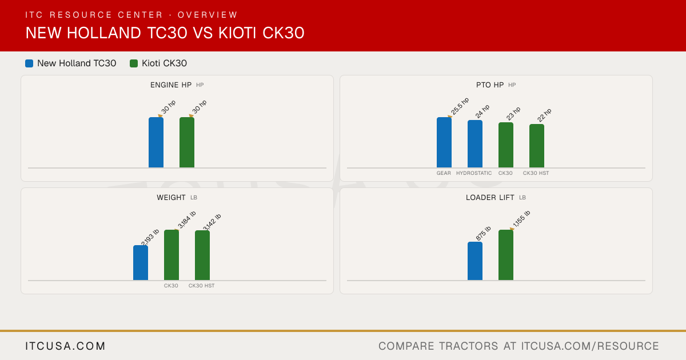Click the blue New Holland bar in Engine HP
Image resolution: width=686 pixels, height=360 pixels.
pyautogui.click(x=156, y=142)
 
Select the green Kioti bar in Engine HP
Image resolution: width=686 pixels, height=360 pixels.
pyautogui.click(x=187, y=142)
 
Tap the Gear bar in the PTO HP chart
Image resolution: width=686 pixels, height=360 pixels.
pyautogui.click(x=444, y=142)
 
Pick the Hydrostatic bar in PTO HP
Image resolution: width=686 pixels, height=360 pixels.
pyautogui.click(x=475, y=144)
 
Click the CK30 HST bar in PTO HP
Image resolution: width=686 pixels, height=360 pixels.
pyautogui.click(x=537, y=146)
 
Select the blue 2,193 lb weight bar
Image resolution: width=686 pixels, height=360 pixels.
pyautogui.click(x=141, y=263)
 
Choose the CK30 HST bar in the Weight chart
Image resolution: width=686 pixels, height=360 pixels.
pyautogui.click(x=202, y=255)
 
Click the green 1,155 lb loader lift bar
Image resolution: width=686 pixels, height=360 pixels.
pyautogui.click(x=506, y=255)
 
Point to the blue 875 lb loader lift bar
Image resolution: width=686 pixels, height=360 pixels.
pyautogui.click(x=475, y=261)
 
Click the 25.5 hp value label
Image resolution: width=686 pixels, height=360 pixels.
pyautogui.click(x=460, y=106)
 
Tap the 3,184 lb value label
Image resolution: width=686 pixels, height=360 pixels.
pyautogui.click(x=187, y=219)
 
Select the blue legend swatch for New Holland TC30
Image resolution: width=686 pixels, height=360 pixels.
pyautogui.click(x=29, y=63)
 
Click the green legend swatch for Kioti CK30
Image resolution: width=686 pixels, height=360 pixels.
pyautogui.click(x=134, y=63)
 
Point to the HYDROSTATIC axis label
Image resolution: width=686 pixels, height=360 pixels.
pyautogui.click(x=474, y=173)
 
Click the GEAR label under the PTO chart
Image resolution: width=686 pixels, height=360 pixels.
pyautogui.click(x=444, y=173)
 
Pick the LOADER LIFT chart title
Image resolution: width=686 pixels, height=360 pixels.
pyautogui.click(x=490, y=198)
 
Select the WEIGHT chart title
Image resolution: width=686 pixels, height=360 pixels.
pyautogui.click(x=171, y=198)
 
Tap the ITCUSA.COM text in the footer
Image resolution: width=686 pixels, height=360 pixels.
pyautogui.click(x=65, y=346)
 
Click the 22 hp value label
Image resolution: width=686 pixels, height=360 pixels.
pyautogui.click(x=544, y=115)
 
